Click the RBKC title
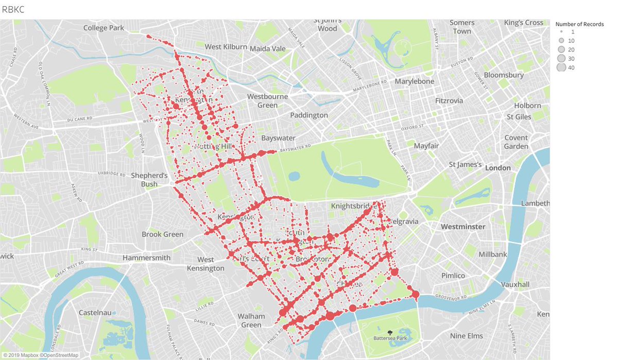click(x=13, y=9)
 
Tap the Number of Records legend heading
click(x=579, y=24)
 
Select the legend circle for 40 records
click(x=561, y=67)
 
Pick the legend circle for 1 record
click(x=561, y=32)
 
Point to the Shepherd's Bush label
click(x=149, y=180)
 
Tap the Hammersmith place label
click(x=146, y=258)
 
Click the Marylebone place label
click(x=414, y=81)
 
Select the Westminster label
click(x=463, y=227)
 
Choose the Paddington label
click(x=309, y=115)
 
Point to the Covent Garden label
click(x=516, y=142)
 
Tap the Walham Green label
click(x=251, y=320)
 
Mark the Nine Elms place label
click(x=467, y=336)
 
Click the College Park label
click(x=104, y=28)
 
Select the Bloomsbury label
click(x=504, y=75)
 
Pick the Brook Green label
click(x=162, y=234)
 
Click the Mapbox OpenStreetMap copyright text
click(x=40, y=355)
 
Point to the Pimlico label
click(x=453, y=276)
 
